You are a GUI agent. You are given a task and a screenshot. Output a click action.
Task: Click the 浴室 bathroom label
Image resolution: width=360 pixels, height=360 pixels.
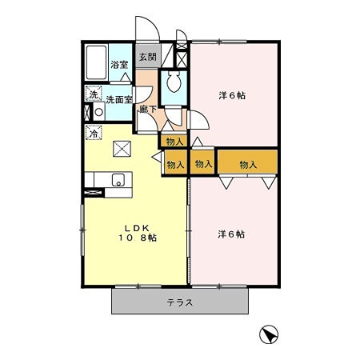click(120, 65)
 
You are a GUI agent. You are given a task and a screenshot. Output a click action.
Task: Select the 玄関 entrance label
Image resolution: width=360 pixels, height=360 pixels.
click(147, 57)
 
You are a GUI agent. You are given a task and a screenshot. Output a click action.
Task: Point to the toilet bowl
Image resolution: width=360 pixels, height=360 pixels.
click(174, 82)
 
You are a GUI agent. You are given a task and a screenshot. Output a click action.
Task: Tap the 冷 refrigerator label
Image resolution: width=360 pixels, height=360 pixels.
click(94, 133)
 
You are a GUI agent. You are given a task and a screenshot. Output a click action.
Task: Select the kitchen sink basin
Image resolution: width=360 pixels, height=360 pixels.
click(118, 179)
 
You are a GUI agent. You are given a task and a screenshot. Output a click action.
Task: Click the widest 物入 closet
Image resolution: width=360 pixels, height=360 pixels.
click(247, 164)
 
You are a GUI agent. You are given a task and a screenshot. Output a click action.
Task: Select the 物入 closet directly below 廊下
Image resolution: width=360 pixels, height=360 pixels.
click(175, 141)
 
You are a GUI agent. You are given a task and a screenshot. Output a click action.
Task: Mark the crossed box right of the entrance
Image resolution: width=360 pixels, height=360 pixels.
click(182, 58)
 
